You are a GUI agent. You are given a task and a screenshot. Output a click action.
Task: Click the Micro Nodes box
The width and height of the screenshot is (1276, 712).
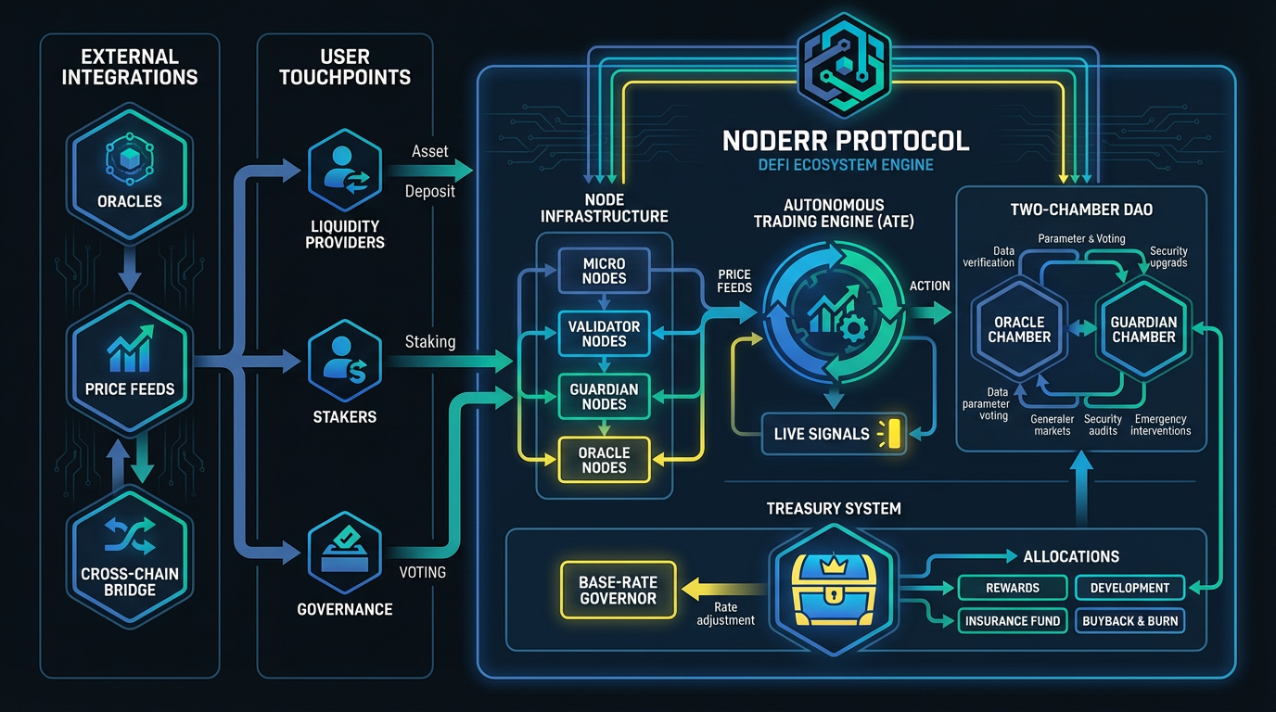[x=604, y=271]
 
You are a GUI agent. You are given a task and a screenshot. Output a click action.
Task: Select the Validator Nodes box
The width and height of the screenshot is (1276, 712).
[x=604, y=334]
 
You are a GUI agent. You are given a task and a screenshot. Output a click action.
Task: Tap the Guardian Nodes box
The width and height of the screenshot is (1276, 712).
[x=604, y=397]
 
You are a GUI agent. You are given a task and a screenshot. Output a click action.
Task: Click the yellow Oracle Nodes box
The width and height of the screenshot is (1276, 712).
[x=604, y=460]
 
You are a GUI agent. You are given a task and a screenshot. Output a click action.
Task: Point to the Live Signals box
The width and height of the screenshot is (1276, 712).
[x=833, y=434]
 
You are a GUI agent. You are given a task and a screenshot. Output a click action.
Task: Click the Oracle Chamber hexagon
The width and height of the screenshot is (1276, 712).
[x=1019, y=329]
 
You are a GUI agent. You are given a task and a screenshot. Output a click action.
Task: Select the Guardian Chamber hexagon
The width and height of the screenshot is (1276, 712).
[x=1143, y=329]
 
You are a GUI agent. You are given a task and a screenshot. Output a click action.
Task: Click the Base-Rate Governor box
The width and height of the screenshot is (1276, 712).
[x=618, y=591]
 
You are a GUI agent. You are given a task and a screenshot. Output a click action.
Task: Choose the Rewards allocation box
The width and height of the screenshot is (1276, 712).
[x=1012, y=588]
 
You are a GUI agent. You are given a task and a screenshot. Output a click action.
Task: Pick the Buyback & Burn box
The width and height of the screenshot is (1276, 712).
[x=1129, y=621]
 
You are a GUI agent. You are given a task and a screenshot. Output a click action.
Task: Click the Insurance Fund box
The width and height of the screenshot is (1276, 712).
[x=1012, y=621]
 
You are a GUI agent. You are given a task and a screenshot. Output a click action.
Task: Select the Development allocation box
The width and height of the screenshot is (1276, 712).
[x=1129, y=588]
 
